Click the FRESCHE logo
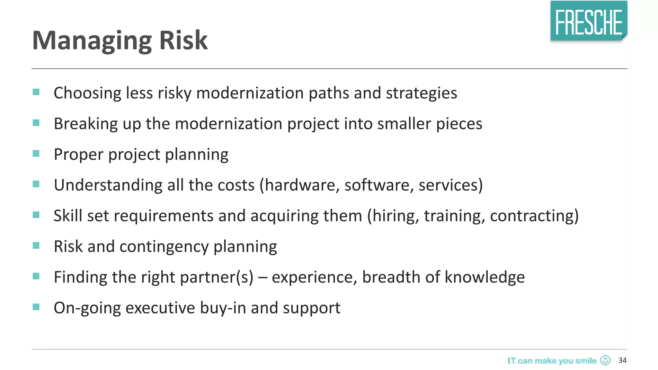[589, 21]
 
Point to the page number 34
[622, 360]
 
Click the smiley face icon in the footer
[605, 360]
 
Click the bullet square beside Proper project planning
[36, 154]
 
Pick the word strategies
[421, 93]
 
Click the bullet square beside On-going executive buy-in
[36, 307]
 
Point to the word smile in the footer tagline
[586, 361]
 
